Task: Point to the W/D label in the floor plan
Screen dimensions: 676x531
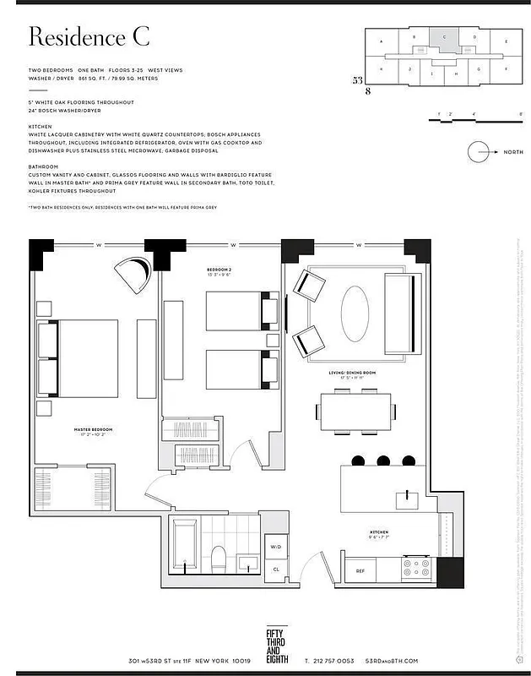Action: [x=275, y=547]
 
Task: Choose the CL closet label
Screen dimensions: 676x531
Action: [x=275, y=569]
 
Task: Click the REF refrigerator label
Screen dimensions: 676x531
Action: [x=360, y=571]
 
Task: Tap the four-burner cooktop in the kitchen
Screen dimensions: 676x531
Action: [x=415, y=568]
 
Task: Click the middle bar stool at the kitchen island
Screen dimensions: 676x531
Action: [x=383, y=461]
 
